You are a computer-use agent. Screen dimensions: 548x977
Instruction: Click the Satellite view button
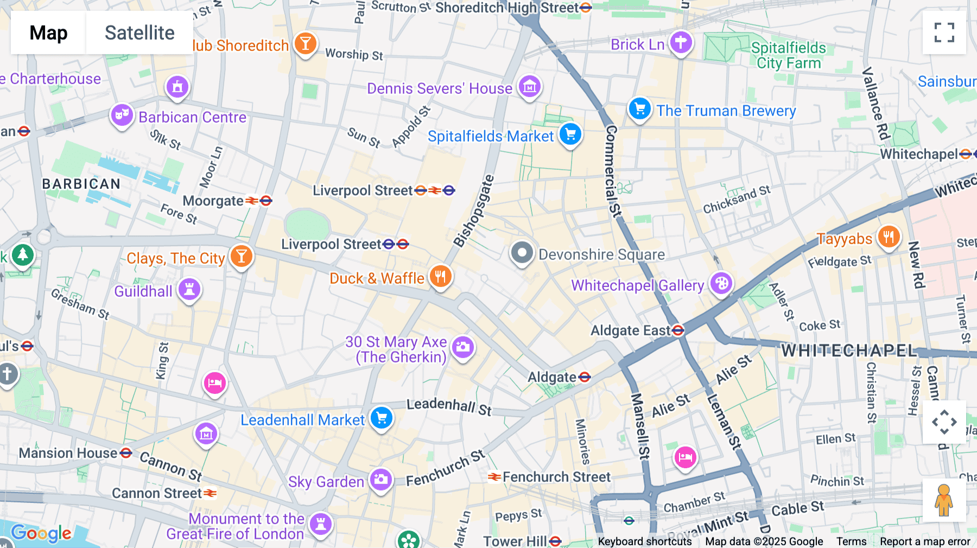139,33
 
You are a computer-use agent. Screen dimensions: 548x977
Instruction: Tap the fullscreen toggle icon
944,33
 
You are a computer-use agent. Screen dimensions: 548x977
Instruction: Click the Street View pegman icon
944,500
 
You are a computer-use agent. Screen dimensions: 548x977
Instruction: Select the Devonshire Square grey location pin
522,253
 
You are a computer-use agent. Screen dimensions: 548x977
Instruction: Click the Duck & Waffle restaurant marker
441,277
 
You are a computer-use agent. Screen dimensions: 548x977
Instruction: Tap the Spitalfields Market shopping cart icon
570,134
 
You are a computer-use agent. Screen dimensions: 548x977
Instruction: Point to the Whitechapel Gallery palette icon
721,283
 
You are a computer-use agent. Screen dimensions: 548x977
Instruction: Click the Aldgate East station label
631,330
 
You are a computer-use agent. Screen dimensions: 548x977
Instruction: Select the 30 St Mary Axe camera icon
463,347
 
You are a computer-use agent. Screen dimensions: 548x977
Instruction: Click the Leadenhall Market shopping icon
382,418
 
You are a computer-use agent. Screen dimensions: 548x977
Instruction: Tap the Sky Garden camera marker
381,480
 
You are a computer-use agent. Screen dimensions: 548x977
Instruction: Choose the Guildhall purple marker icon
189,289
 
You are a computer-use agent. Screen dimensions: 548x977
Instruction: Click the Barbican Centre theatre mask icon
122,115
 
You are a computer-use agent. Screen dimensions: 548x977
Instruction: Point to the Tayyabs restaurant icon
889,237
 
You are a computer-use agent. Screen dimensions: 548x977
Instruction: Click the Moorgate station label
213,201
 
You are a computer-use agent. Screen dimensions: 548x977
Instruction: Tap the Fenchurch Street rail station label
556,477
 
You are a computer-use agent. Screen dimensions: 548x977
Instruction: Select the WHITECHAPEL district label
848,351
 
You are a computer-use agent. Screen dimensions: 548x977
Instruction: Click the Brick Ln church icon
681,42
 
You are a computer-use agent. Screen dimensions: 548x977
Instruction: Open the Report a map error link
925,541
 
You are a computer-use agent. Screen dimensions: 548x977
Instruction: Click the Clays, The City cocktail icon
241,256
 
